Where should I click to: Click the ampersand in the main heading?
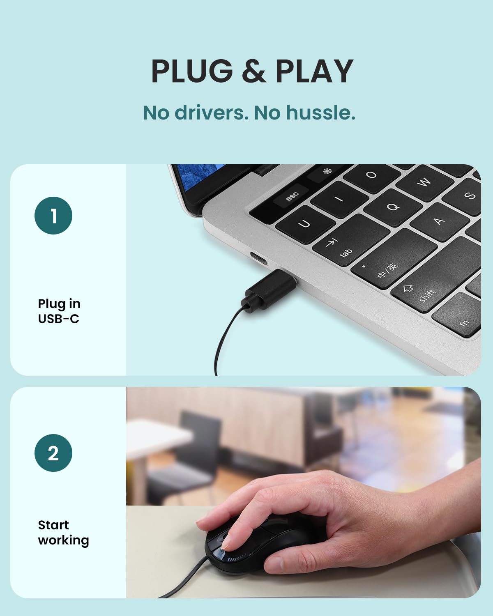point(254,71)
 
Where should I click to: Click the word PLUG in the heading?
point(191,71)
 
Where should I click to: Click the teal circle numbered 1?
point(53,216)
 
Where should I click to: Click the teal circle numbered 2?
point(53,453)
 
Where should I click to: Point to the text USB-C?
point(58,319)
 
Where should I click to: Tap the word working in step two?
point(63,541)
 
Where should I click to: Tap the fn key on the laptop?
point(458,315)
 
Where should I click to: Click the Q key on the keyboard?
point(393,207)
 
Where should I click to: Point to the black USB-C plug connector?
point(269,290)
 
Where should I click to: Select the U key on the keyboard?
point(305,224)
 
